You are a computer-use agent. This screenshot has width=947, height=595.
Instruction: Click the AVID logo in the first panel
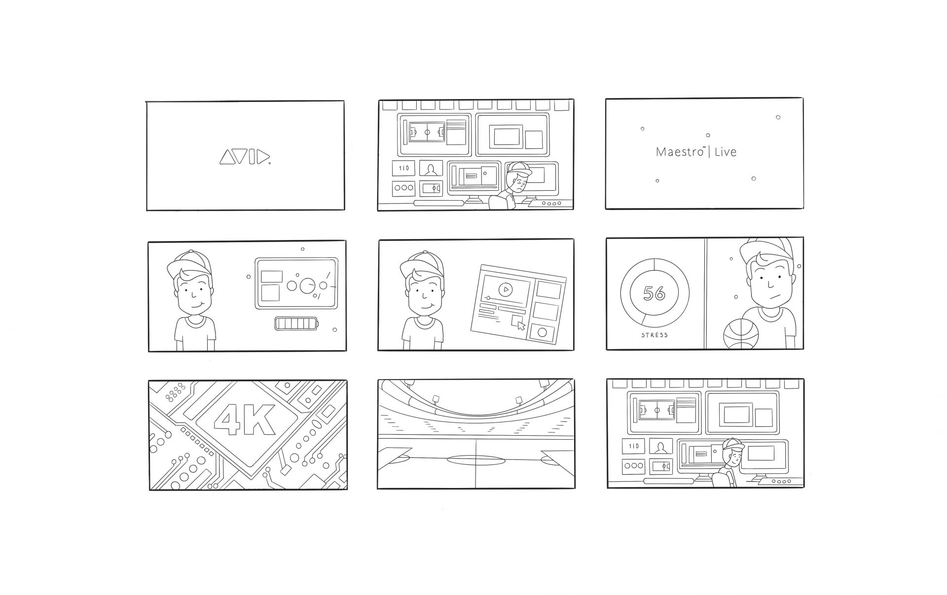coord(245,157)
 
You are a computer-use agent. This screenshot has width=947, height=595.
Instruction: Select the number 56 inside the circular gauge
coord(654,293)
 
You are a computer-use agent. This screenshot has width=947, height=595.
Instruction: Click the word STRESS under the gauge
coord(655,335)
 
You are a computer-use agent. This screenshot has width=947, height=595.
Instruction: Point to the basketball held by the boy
coord(740,334)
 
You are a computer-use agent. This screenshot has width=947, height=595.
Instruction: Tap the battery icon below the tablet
coord(296,324)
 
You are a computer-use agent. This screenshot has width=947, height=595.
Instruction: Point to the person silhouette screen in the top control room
coord(431,169)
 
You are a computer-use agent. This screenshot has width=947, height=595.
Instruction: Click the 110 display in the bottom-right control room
coord(634,446)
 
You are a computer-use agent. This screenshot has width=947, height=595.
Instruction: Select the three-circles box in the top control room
coord(403,188)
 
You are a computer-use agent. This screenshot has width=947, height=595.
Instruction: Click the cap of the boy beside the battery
coord(189,265)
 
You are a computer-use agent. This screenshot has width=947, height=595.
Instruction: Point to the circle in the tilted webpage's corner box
coord(542,332)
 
